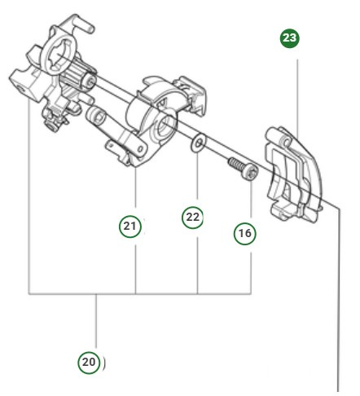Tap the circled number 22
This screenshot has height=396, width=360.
[191, 218]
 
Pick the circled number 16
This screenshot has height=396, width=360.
[244, 233]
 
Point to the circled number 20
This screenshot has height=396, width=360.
[90, 361]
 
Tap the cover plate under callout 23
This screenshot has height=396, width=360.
[295, 175]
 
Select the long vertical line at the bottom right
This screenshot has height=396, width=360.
[336, 310]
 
